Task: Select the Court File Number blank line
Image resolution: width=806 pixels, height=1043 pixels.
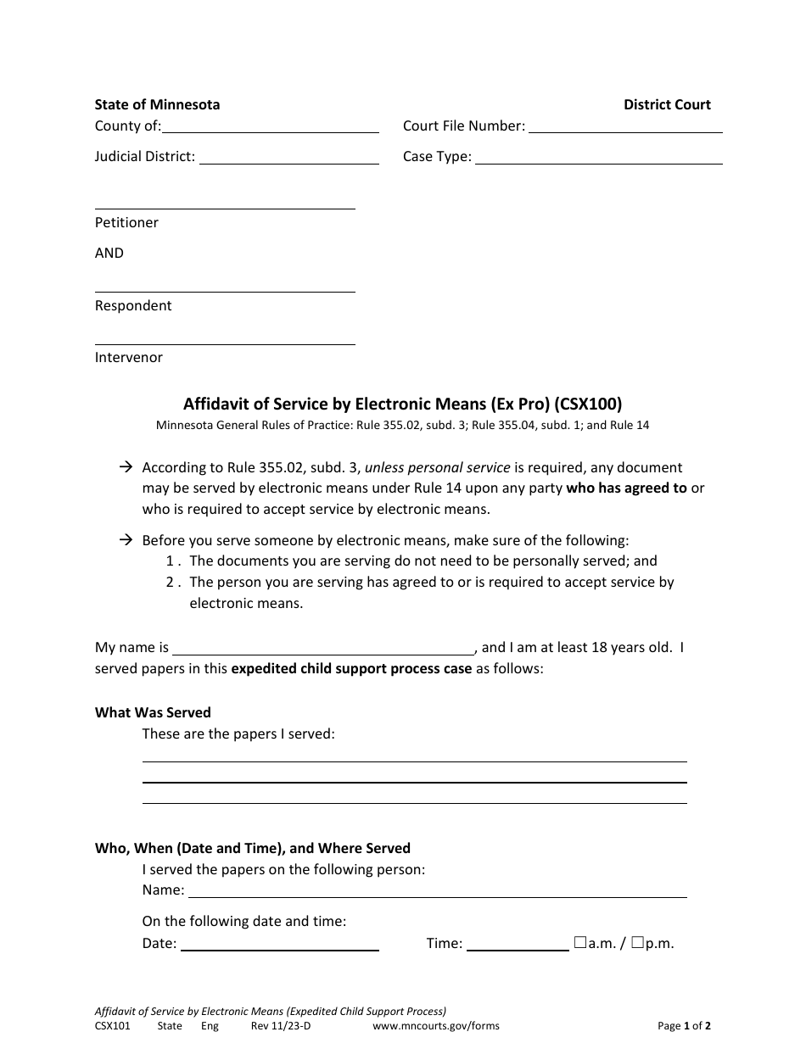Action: click(x=625, y=126)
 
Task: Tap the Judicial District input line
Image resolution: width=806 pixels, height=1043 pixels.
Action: click(x=288, y=157)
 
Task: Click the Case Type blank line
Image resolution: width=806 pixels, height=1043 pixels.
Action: click(x=598, y=157)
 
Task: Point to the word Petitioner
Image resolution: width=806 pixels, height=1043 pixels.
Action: click(x=126, y=222)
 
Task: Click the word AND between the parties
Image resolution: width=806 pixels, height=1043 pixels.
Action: click(x=109, y=253)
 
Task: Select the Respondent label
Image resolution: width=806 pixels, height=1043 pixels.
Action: click(x=133, y=305)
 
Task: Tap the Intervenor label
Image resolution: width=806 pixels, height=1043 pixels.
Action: click(x=129, y=357)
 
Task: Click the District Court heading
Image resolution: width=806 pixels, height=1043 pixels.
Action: click(x=667, y=104)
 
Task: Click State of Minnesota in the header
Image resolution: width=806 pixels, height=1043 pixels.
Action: click(x=157, y=104)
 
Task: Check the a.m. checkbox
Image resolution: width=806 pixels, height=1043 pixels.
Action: click(x=580, y=942)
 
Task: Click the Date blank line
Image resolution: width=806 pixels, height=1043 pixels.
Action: click(x=280, y=944)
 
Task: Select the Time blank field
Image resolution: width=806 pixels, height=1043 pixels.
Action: click(x=518, y=944)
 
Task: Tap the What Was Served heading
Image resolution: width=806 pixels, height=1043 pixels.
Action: click(x=153, y=712)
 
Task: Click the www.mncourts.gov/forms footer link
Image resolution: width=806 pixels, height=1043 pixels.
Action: click(x=436, y=1026)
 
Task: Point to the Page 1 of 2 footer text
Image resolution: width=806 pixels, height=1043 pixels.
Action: click(x=684, y=1026)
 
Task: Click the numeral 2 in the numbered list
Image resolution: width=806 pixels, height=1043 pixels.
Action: click(x=171, y=582)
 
